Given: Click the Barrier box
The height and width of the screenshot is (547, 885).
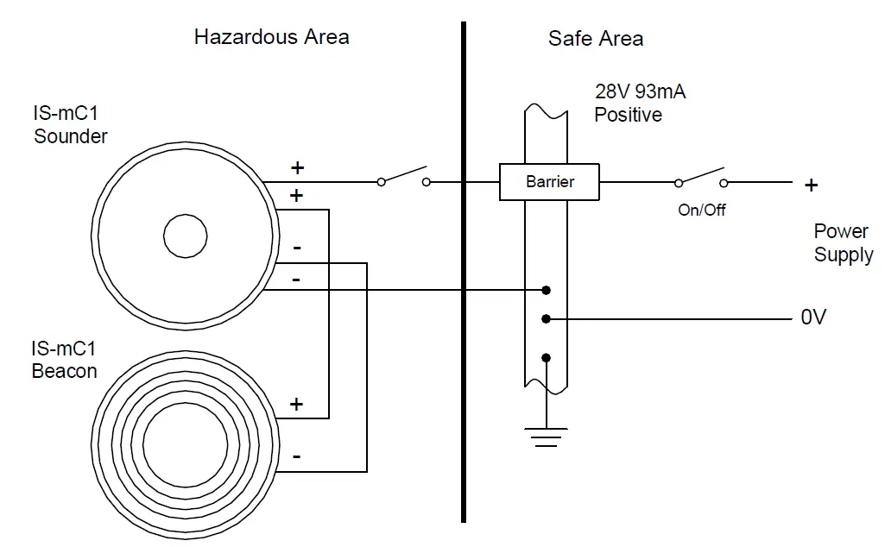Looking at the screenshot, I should (x=550, y=182).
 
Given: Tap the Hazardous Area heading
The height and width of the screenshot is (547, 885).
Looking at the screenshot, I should (x=271, y=37).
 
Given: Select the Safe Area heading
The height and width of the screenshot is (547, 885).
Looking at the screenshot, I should (x=595, y=39).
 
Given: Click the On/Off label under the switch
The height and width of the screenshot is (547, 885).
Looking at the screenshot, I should (x=701, y=210).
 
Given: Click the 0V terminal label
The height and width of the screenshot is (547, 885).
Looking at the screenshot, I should (x=813, y=318).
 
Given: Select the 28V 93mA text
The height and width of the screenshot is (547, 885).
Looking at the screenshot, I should (x=640, y=91).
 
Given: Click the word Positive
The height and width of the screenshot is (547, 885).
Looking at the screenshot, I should (x=628, y=115).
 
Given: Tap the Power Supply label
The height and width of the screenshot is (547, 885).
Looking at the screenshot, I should (x=843, y=243).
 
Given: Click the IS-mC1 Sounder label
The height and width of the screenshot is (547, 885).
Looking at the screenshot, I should (x=70, y=125).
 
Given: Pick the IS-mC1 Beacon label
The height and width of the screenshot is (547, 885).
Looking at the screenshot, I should (x=64, y=361).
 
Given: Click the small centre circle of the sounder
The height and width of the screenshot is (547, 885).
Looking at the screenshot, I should (x=186, y=235).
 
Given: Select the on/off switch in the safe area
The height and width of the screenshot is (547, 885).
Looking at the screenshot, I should (x=701, y=177).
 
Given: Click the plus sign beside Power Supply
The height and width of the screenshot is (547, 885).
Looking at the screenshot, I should (x=811, y=185).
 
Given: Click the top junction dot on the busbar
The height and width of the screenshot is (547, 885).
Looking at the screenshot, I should (x=546, y=290).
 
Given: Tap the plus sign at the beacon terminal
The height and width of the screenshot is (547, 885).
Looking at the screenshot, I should (x=296, y=404).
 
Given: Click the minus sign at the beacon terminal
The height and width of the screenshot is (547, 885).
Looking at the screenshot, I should (x=296, y=456).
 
